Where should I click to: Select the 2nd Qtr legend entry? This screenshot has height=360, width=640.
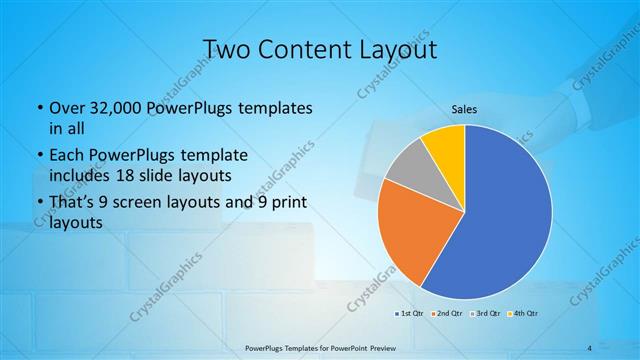click(446, 315)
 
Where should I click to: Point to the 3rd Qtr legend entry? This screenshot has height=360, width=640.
click(486, 315)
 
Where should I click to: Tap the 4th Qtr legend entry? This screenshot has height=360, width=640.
click(525, 315)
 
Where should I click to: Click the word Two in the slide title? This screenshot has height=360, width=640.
click(228, 49)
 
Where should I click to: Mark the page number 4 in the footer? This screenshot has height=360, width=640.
click(589, 347)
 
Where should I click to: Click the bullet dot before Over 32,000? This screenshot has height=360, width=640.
click(38, 108)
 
